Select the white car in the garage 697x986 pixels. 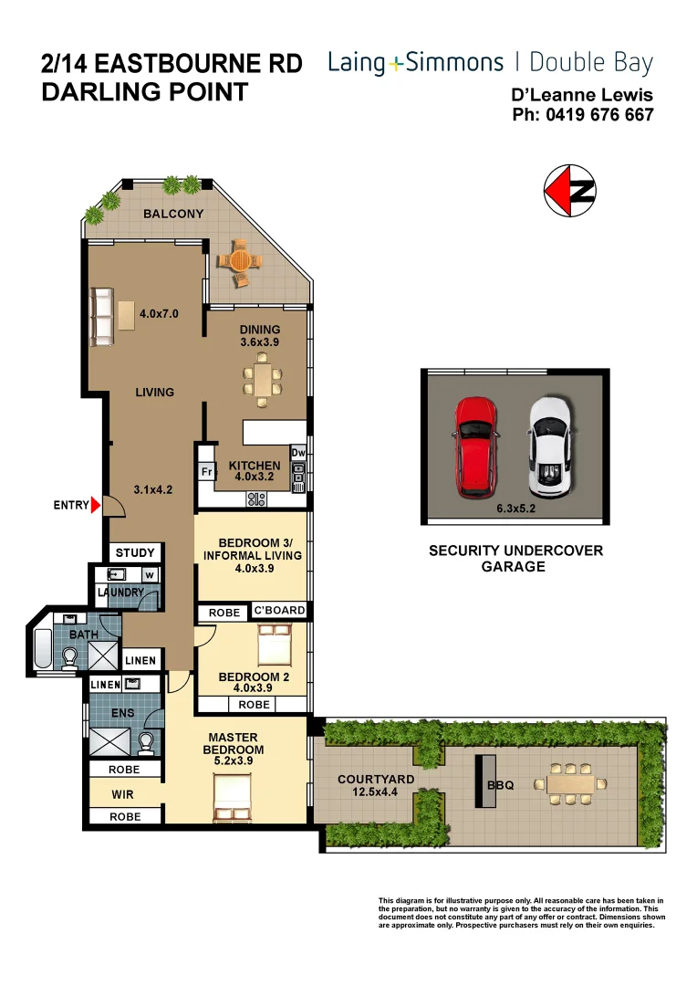(551, 443)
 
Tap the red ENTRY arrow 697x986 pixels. (96, 505)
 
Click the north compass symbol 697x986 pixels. (570, 192)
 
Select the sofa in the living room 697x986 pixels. (100, 317)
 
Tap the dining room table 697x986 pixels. (263, 379)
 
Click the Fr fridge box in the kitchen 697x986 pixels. (207, 472)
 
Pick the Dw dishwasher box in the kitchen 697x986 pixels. (297, 452)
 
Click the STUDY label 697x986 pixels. (135, 552)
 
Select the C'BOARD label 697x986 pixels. (278, 611)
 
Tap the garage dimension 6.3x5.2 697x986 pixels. (515, 509)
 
